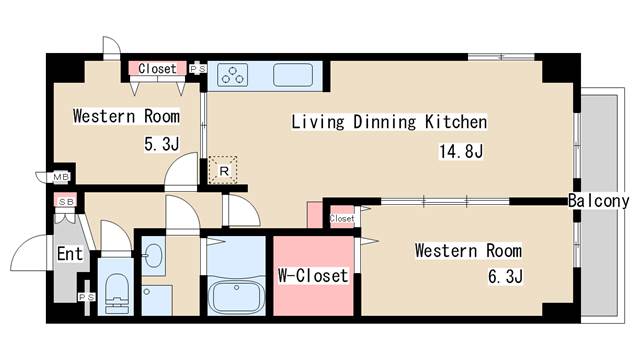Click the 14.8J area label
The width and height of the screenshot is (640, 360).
[x=461, y=151]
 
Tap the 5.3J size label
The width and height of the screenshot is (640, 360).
[x=162, y=144]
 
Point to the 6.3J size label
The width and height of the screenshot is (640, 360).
[x=505, y=276]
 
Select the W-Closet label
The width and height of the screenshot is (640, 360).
[x=313, y=276]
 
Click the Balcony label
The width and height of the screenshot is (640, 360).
[x=599, y=200]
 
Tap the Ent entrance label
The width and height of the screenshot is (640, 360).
[x=70, y=254]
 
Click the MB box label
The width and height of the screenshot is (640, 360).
[x=61, y=177]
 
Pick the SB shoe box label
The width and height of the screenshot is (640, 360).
[x=66, y=202]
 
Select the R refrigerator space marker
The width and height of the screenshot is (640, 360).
[x=223, y=171]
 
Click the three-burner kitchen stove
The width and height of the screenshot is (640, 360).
[x=232, y=75]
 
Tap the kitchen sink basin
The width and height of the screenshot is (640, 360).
[x=293, y=75]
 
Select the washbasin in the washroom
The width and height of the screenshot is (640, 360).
[x=153, y=256]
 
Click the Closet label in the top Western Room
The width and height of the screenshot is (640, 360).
[x=157, y=68]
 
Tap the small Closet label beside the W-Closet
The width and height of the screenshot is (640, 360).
[x=342, y=219]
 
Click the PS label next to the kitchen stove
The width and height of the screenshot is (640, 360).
[x=198, y=69]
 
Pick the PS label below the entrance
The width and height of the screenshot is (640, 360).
[x=87, y=297]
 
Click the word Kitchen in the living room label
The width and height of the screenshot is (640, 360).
[x=456, y=122]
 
